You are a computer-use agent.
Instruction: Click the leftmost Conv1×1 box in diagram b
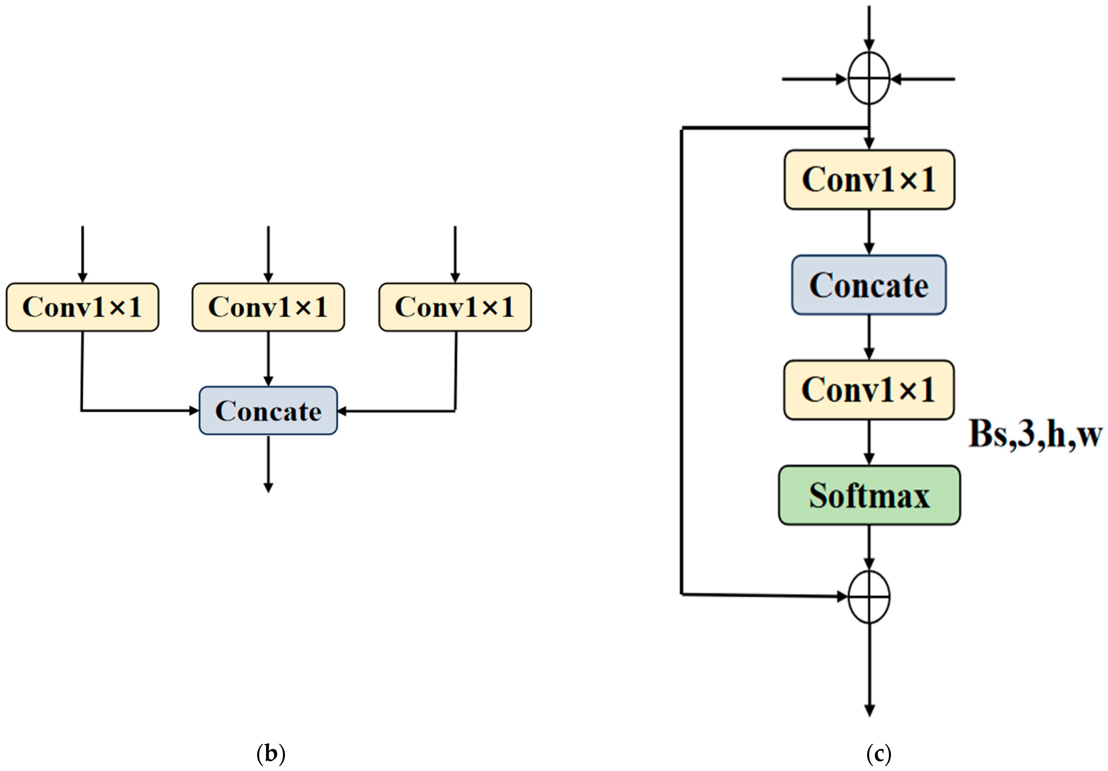coord(82,307)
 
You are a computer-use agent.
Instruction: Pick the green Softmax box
coord(869,495)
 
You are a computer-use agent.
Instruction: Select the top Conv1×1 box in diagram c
coord(869,180)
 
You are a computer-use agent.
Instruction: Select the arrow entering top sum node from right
coord(924,79)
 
